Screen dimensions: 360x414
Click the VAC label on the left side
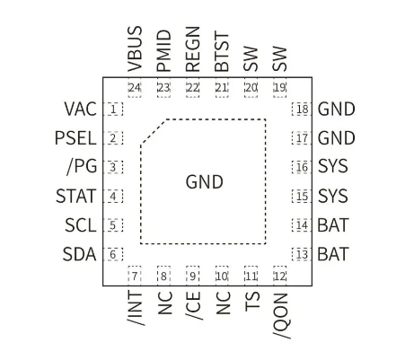(79, 110)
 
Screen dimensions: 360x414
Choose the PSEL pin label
(75, 138)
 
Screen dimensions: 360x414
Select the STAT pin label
(75, 196)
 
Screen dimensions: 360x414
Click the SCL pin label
(79, 224)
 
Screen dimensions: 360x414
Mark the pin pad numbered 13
(302, 253)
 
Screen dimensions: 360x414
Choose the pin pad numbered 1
(114, 110)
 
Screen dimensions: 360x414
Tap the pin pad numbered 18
(302, 110)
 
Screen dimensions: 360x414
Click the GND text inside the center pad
(204, 182)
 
